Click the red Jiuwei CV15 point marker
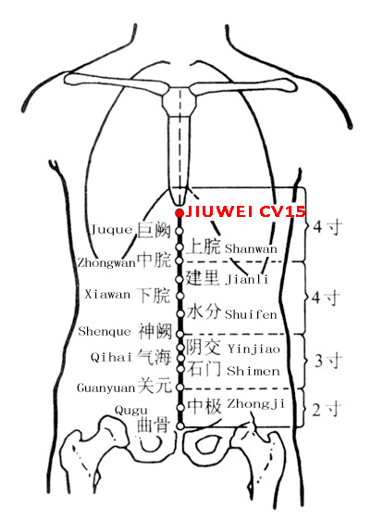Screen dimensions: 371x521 coord(179,212)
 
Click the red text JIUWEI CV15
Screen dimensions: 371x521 coord(245,211)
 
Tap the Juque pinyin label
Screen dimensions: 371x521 coord(112,230)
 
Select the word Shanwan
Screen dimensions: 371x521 coord(251,248)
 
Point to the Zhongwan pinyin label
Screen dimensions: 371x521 coord(106,263)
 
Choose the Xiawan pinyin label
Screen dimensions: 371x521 coord(107,295)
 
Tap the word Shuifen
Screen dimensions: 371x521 coord(251,314)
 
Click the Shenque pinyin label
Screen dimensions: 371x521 coord(105,331)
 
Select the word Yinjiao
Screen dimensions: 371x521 coord(254,349)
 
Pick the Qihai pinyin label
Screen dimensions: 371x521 coord(111,358)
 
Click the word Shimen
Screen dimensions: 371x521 coord(254,371)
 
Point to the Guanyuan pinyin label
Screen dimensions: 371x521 coord(106,388)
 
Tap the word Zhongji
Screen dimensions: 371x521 coord(255,404)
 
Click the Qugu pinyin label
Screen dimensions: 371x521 coord(131,411)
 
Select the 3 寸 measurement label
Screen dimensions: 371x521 coord(328,361)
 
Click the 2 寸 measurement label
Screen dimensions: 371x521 coord(327,410)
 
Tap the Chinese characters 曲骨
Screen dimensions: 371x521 coord(154,425)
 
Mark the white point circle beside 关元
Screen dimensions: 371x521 coord(179,388)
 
